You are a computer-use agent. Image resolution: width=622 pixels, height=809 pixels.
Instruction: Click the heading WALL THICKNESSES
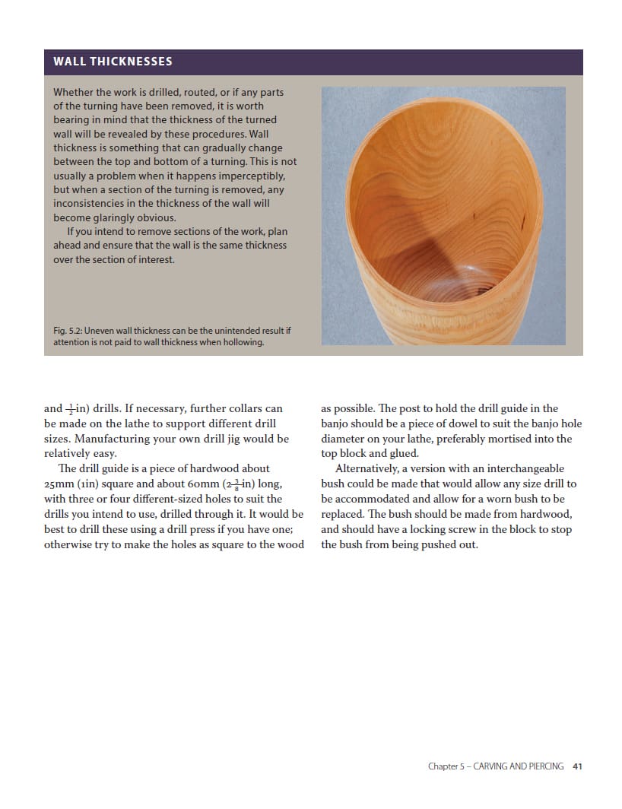(x=113, y=62)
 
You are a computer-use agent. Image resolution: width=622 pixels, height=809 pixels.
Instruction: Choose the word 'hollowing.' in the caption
(x=241, y=342)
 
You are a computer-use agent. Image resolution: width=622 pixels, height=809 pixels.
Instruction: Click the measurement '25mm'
(x=59, y=484)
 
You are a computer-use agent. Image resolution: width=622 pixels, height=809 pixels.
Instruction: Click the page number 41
(x=577, y=766)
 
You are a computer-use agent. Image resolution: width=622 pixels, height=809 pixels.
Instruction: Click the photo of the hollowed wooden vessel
(x=443, y=216)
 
